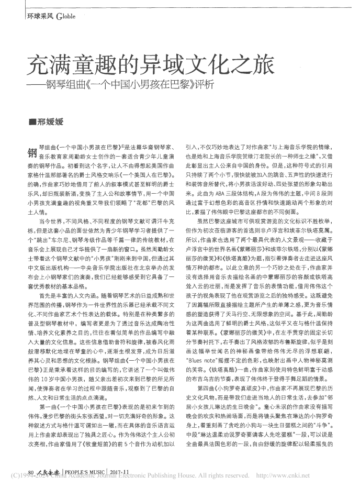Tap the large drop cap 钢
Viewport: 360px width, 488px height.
[30, 152]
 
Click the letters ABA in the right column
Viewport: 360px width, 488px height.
[219, 193]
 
